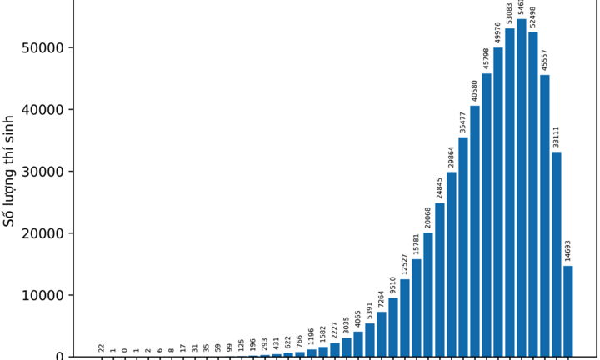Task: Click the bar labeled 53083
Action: coord(510,192)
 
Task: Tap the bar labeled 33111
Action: coord(557,254)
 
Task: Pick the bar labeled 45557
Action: coord(545,216)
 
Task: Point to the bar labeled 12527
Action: coord(405,317)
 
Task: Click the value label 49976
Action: coord(498,32)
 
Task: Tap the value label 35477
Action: coord(463,122)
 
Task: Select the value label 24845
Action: coord(440,187)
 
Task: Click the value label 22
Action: coord(102,347)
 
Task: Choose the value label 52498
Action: coord(533,17)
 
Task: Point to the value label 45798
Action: coord(487,57)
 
